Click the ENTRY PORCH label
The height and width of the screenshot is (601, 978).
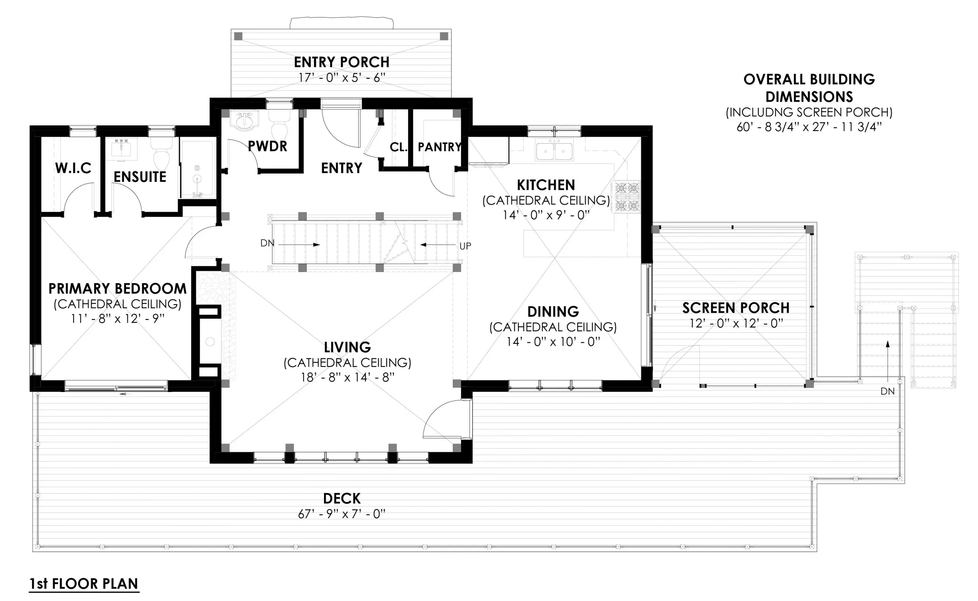(342, 62)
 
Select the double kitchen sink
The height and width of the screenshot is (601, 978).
(554, 150)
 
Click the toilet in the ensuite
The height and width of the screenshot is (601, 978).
(161, 155)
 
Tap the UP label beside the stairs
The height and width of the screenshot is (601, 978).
(465, 246)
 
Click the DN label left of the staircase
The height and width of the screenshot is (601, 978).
(267, 243)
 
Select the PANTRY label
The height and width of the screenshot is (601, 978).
(439, 147)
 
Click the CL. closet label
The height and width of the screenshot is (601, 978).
(398, 147)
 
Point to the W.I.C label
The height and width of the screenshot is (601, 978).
(73, 168)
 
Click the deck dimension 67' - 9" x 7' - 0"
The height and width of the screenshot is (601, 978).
(342, 514)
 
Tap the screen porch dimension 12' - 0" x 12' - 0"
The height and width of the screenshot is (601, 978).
(736, 324)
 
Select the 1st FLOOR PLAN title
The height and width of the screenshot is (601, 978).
(84, 583)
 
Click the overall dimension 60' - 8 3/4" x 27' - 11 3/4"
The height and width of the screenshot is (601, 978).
(809, 127)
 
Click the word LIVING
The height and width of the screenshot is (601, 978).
(347, 347)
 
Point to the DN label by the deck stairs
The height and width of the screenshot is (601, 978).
(887, 392)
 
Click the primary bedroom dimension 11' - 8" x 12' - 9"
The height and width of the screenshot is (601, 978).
(117, 319)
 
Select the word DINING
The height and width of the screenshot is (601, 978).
(553, 312)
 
